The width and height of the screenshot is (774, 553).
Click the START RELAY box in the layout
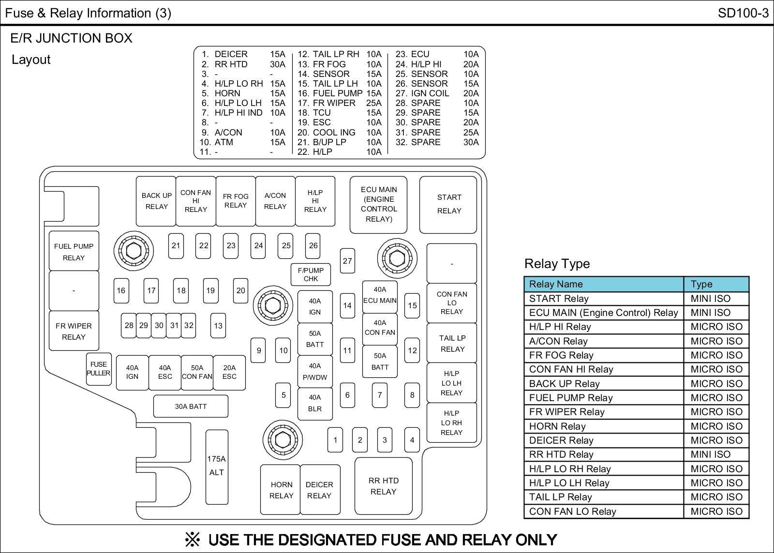click(448, 204)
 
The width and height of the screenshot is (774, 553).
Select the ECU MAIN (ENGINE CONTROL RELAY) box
click(378, 204)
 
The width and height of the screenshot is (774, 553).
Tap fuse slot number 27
click(347, 261)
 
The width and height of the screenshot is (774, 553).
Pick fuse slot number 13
click(218, 326)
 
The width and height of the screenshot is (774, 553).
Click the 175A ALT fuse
click(216, 466)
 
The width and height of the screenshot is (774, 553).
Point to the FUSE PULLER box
click(99, 369)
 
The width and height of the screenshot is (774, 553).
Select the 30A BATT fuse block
click(191, 406)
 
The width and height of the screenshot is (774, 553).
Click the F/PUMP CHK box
click(311, 274)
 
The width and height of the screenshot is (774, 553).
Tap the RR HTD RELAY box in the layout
click(383, 486)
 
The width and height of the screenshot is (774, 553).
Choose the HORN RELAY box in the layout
click(281, 490)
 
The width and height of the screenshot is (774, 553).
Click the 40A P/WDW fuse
click(315, 372)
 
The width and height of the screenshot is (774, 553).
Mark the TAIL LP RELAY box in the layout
click(452, 343)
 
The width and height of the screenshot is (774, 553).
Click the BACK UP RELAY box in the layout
click(156, 201)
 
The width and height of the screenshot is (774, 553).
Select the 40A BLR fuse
click(315, 403)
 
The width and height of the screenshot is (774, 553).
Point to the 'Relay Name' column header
click(556, 284)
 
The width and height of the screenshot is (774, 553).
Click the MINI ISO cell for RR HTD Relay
click(710, 454)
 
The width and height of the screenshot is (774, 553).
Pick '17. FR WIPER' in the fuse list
click(327, 103)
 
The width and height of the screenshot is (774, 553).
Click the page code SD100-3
click(743, 13)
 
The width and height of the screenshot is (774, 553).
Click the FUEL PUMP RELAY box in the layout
click(74, 252)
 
